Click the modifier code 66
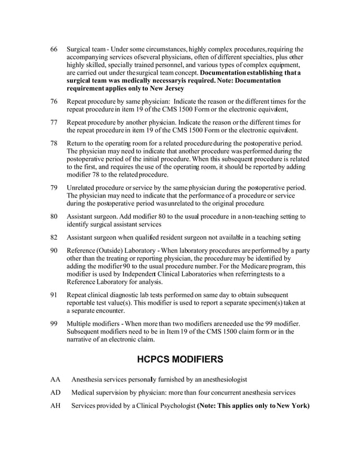(x=55, y=49)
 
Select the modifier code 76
(x=55, y=101)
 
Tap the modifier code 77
(x=55, y=122)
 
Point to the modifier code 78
(x=55, y=143)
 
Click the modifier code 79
(x=55, y=187)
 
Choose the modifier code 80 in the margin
(x=55, y=216)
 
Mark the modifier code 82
(x=55, y=237)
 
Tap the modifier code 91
(x=55, y=294)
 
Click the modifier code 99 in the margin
(x=55, y=323)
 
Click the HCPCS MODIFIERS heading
(x=180, y=359)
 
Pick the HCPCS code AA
(x=56, y=378)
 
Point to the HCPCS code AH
(x=56, y=406)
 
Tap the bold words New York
(x=292, y=406)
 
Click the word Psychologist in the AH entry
(x=170, y=406)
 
